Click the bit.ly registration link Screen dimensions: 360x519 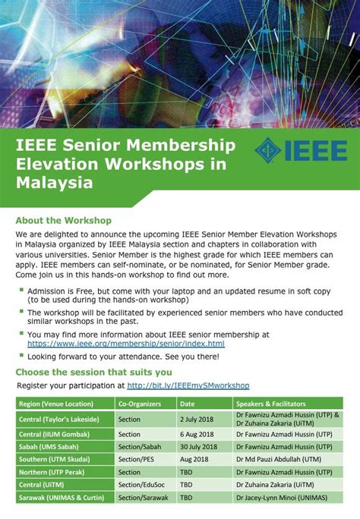[188, 385]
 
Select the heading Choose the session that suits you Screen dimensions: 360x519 [93, 373]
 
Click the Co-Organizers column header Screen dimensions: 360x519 [142, 404]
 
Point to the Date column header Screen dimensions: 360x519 [188, 404]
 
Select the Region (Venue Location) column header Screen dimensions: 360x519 [55, 404]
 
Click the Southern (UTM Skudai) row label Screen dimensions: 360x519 [55, 460]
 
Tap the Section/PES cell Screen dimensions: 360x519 [137, 460]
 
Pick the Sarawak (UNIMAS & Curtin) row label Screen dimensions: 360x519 [62, 498]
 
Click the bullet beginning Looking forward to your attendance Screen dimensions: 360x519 [123, 357]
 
